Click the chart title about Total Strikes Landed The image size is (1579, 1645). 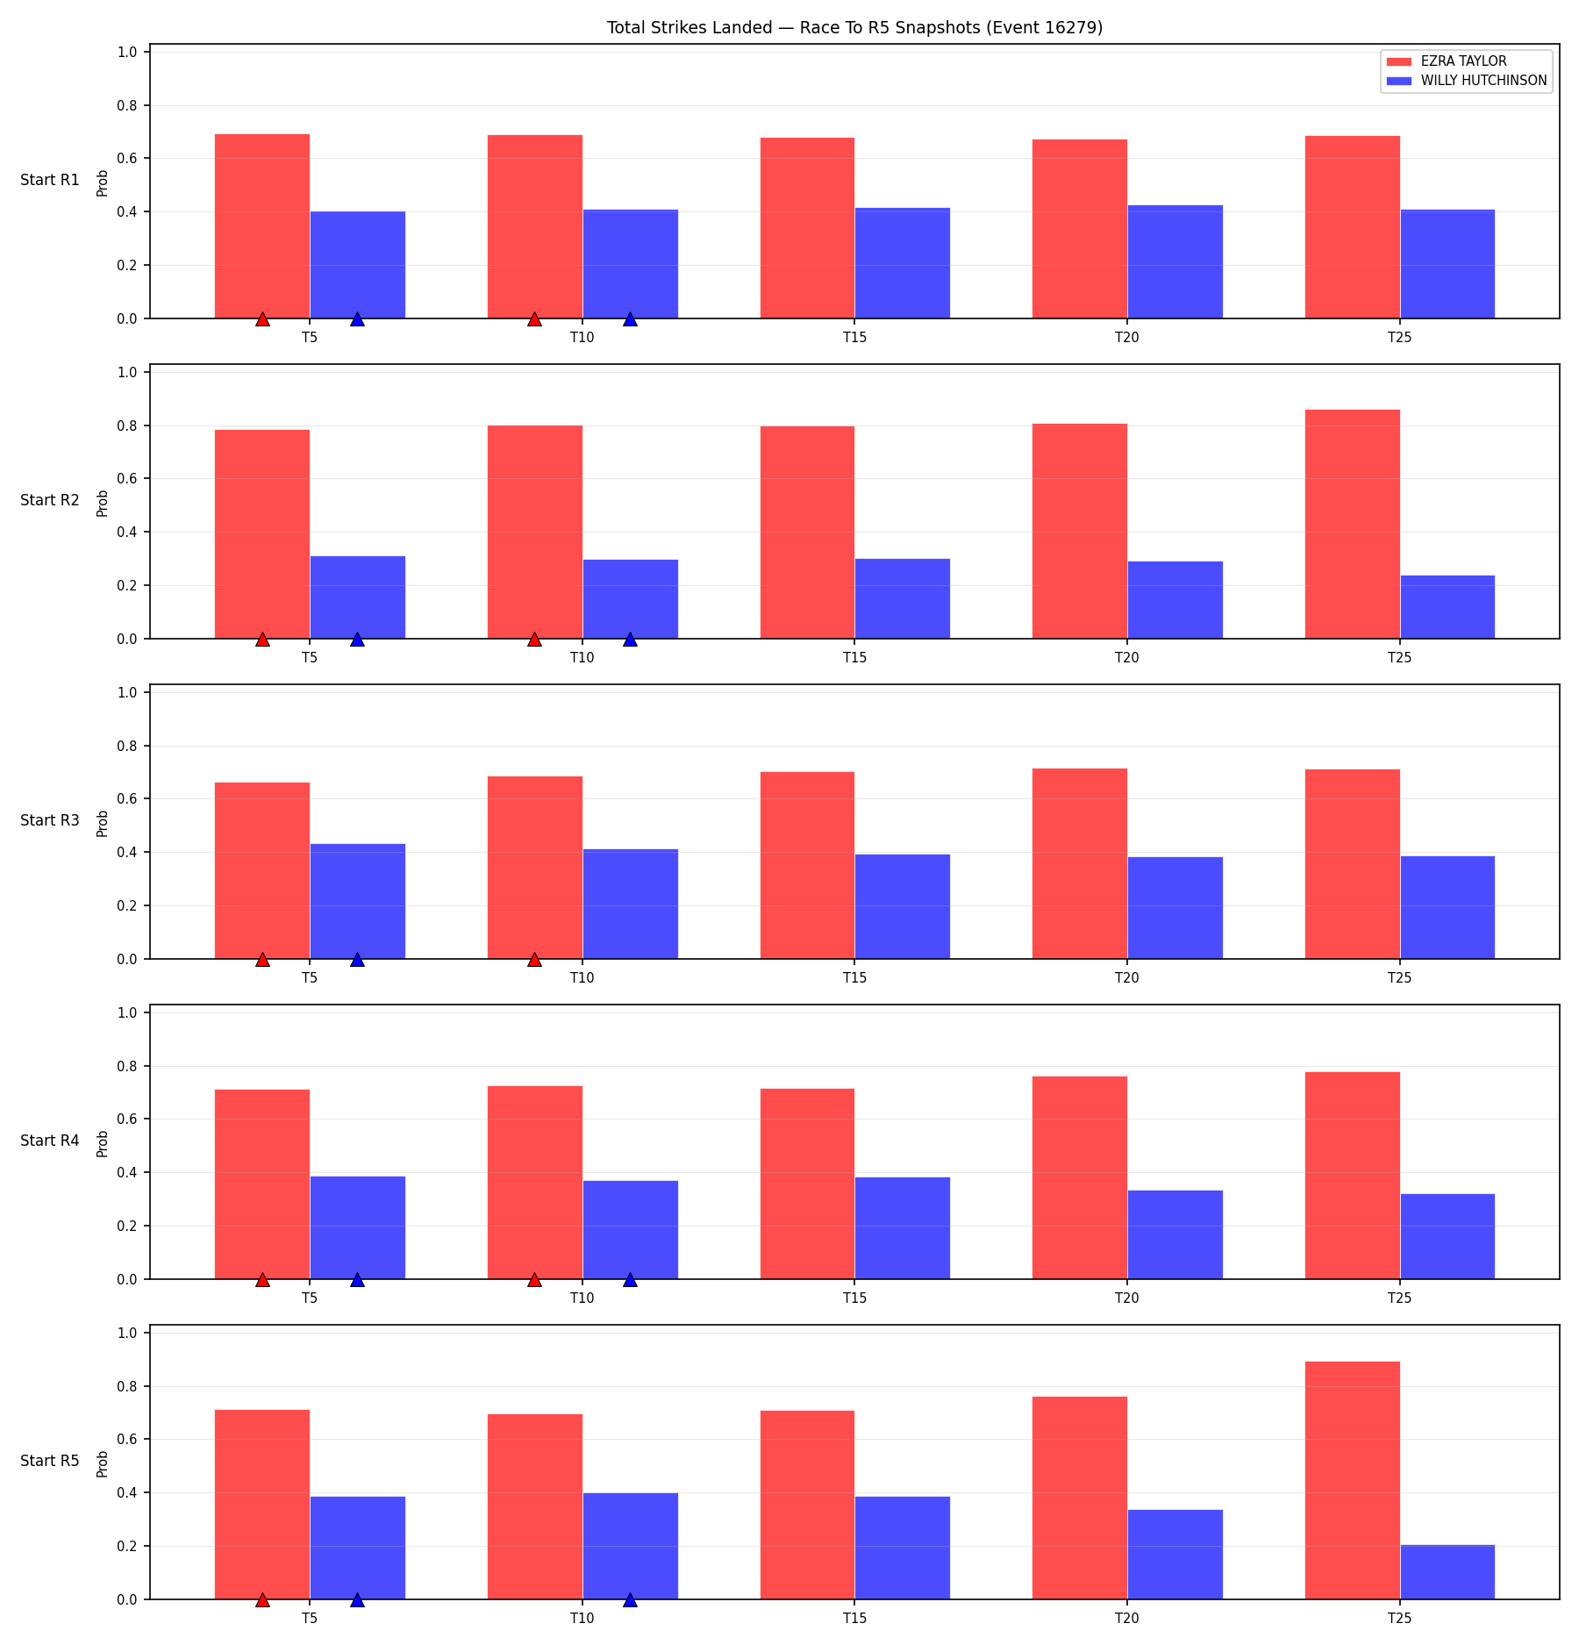854,27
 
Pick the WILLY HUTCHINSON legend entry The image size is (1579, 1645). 1466,81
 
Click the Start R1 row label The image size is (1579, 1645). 50,180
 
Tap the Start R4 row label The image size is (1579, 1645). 50,1141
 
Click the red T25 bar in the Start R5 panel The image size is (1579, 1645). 1352,1481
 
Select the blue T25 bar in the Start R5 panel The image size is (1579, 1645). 1447,1572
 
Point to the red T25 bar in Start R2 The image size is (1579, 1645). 1352,524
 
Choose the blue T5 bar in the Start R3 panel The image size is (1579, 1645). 357,901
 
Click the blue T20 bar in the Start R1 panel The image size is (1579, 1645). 1175,261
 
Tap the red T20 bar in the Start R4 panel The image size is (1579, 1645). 1080,1177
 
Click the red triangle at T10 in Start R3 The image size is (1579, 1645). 534,959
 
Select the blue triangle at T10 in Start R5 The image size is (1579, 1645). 630,1599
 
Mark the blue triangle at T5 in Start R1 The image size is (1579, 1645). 357,318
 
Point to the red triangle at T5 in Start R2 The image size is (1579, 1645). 262,639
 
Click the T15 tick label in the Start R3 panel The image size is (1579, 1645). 854,977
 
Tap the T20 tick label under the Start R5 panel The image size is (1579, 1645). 1127,1618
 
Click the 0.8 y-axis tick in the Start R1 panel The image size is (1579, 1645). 127,105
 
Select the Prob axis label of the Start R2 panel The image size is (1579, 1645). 103,503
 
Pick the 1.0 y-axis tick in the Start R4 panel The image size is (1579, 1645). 127,1012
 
